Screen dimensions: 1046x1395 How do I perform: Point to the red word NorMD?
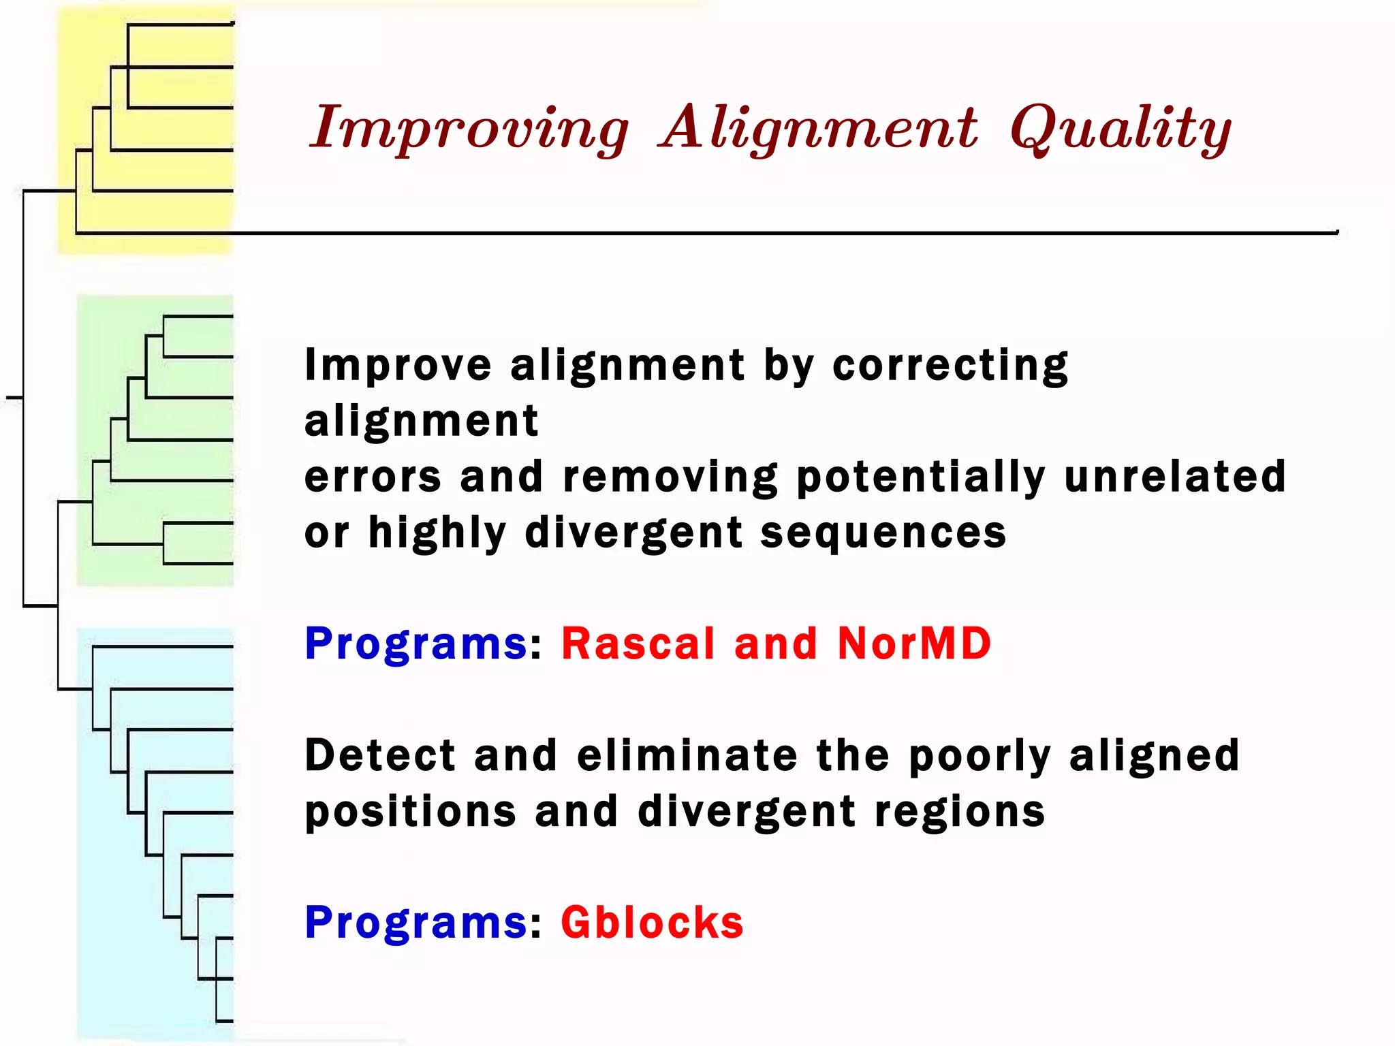(913, 644)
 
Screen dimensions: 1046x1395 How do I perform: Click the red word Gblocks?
(652, 923)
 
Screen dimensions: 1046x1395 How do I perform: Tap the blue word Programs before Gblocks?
(416, 923)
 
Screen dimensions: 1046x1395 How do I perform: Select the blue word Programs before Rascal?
(416, 644)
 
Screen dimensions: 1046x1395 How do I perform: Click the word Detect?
(379, 756)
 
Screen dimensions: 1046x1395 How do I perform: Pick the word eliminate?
(687, 756)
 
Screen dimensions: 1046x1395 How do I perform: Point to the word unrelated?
(1175, 477)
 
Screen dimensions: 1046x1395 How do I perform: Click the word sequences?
(883, 533)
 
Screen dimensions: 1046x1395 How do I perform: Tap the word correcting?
(950, 366)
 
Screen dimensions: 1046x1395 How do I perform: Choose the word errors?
(373, 477)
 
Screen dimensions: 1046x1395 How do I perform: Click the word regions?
(960, 812)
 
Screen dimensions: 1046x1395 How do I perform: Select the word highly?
(437, 533)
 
